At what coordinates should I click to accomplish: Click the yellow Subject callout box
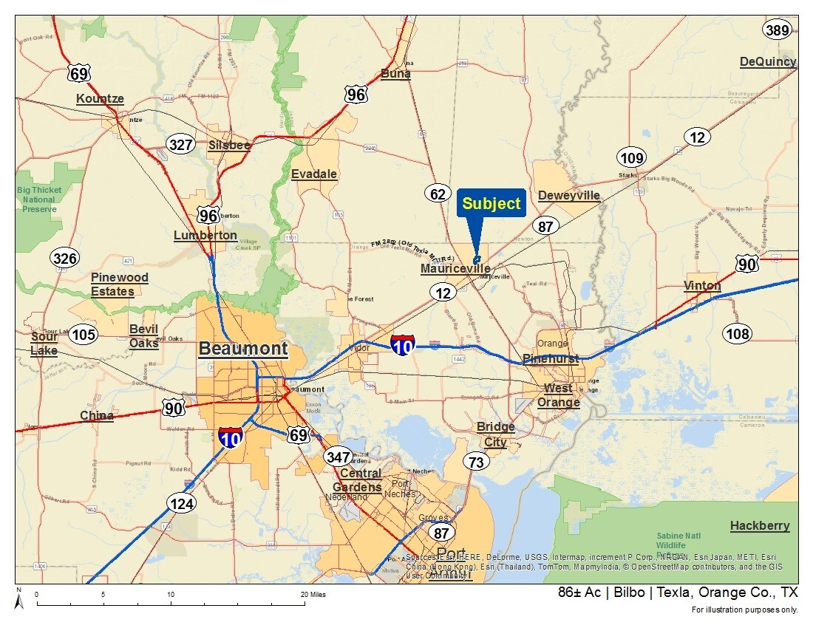[491, 204]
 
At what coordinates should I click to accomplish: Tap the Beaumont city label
[242, 349]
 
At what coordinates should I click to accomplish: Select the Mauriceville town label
[455, 269]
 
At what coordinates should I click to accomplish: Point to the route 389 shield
[778, 30]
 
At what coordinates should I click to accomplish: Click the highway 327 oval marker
[180, 145]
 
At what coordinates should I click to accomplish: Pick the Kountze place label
[100, 99]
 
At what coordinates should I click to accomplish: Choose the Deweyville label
[569, 196]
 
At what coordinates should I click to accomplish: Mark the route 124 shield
[182, 505]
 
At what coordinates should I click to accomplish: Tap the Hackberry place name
[760, 526]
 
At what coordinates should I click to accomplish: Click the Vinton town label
[702, 286]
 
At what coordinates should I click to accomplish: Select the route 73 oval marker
[477, 463]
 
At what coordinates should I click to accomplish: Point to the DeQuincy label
[768, 62]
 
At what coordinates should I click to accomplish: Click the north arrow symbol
[20, 600]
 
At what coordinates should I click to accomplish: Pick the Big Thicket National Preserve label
[38, 199]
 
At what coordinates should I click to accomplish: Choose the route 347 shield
[338, 457]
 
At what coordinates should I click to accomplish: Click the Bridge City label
[495, 434]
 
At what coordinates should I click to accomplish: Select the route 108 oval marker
[737, 334]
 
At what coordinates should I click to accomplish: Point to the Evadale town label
[314, 174]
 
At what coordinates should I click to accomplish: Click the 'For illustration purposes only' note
[744, 610]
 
